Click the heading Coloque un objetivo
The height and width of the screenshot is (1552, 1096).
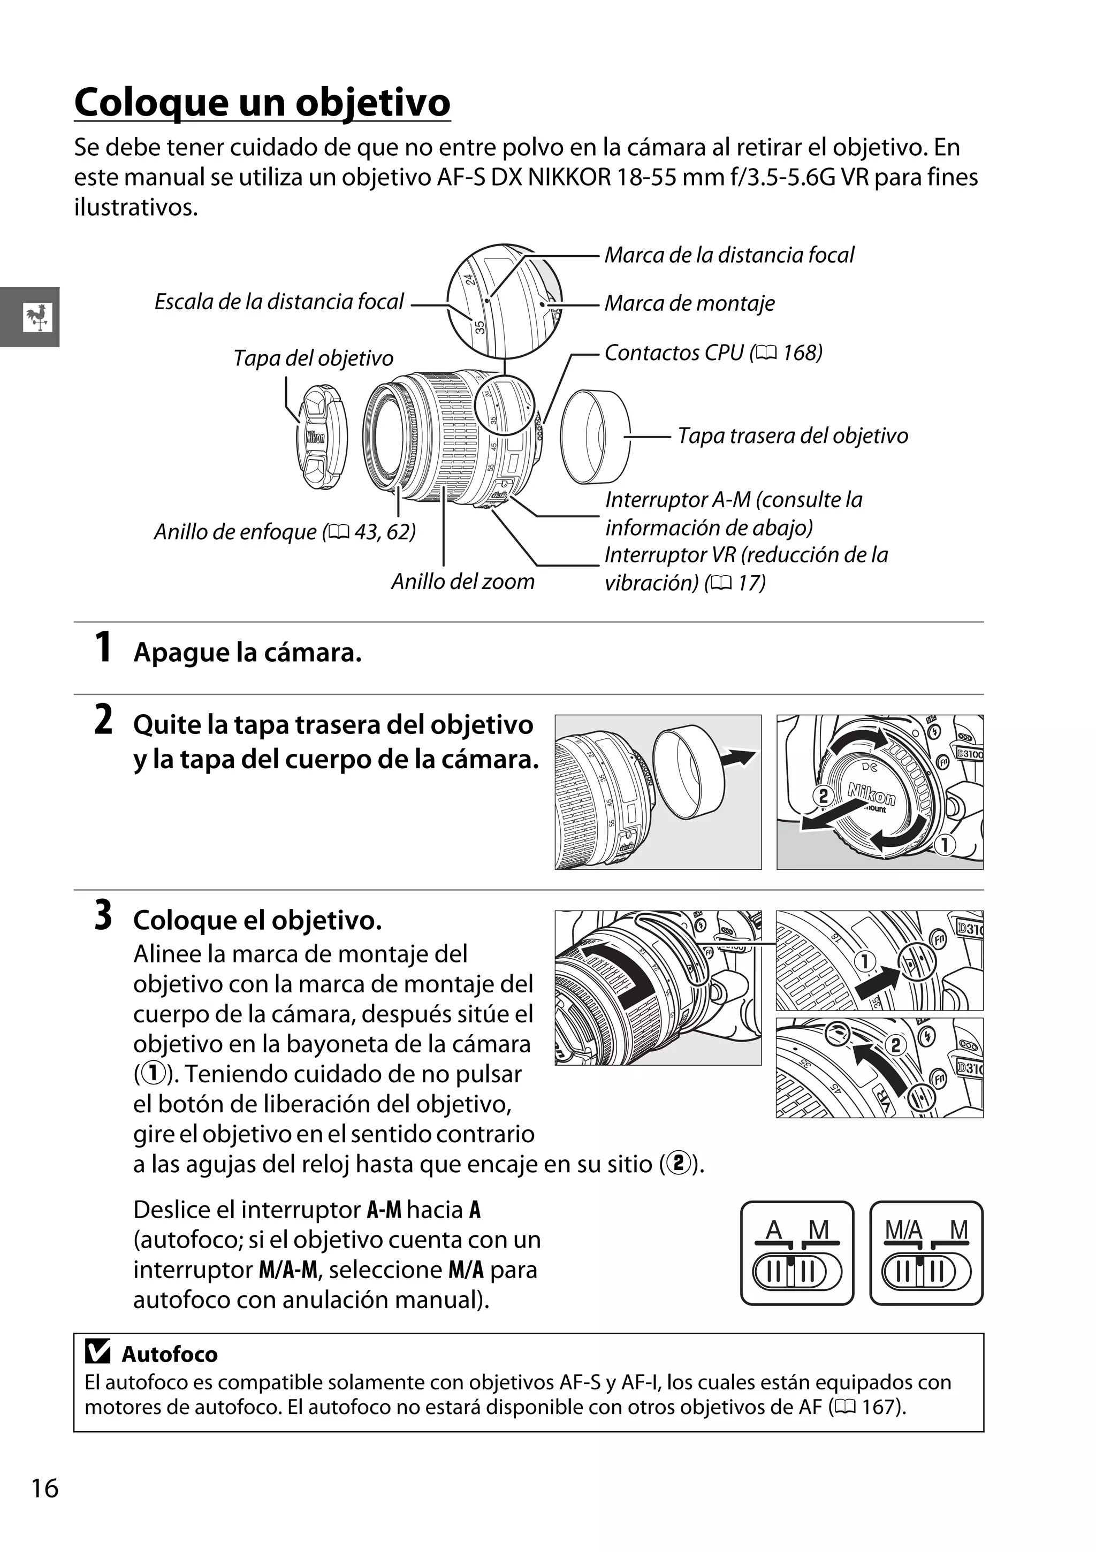262,103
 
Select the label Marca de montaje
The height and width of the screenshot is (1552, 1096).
689,303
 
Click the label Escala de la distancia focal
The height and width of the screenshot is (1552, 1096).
279,302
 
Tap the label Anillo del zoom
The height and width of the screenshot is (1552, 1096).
462,582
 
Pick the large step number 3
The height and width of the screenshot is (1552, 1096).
103,916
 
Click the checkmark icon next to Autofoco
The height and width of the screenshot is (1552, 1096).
98,1352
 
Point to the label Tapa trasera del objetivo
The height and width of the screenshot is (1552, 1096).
793,436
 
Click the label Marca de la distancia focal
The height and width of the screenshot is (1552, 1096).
729,256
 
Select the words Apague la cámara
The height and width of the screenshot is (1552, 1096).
247,653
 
